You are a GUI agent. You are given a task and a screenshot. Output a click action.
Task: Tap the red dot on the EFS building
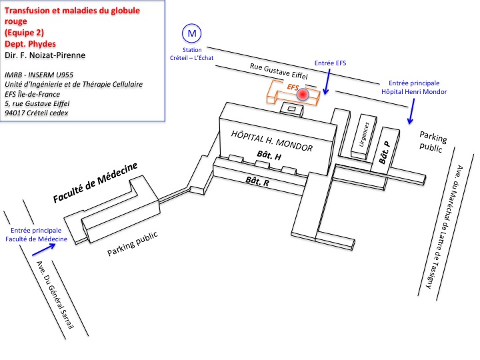303,95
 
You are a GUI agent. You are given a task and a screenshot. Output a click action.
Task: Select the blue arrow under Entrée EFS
326,85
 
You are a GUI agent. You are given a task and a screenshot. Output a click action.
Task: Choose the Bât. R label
257,181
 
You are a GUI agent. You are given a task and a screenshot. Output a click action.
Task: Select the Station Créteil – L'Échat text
192,53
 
